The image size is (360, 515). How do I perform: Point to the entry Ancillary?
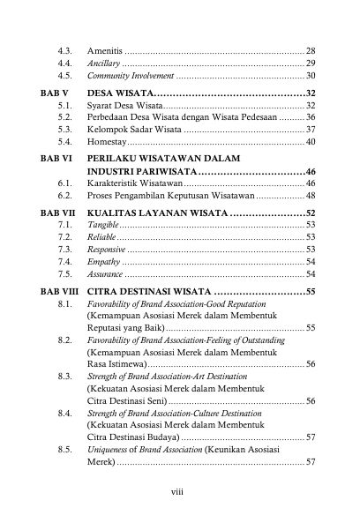104,63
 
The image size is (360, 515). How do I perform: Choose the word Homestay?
107,141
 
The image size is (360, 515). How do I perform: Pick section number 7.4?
64,262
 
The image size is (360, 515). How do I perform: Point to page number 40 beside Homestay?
310,141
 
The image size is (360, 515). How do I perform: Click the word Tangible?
103,226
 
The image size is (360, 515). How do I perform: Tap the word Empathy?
104,262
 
